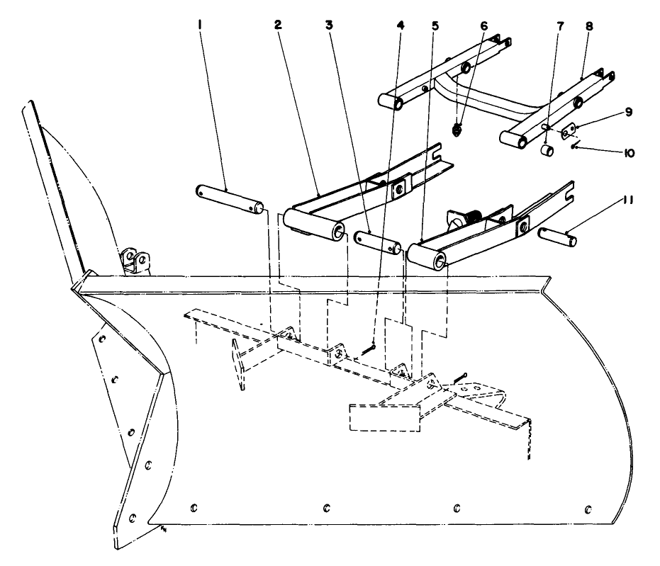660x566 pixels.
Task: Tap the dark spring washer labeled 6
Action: pyautogui.click(x=457, y=130)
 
